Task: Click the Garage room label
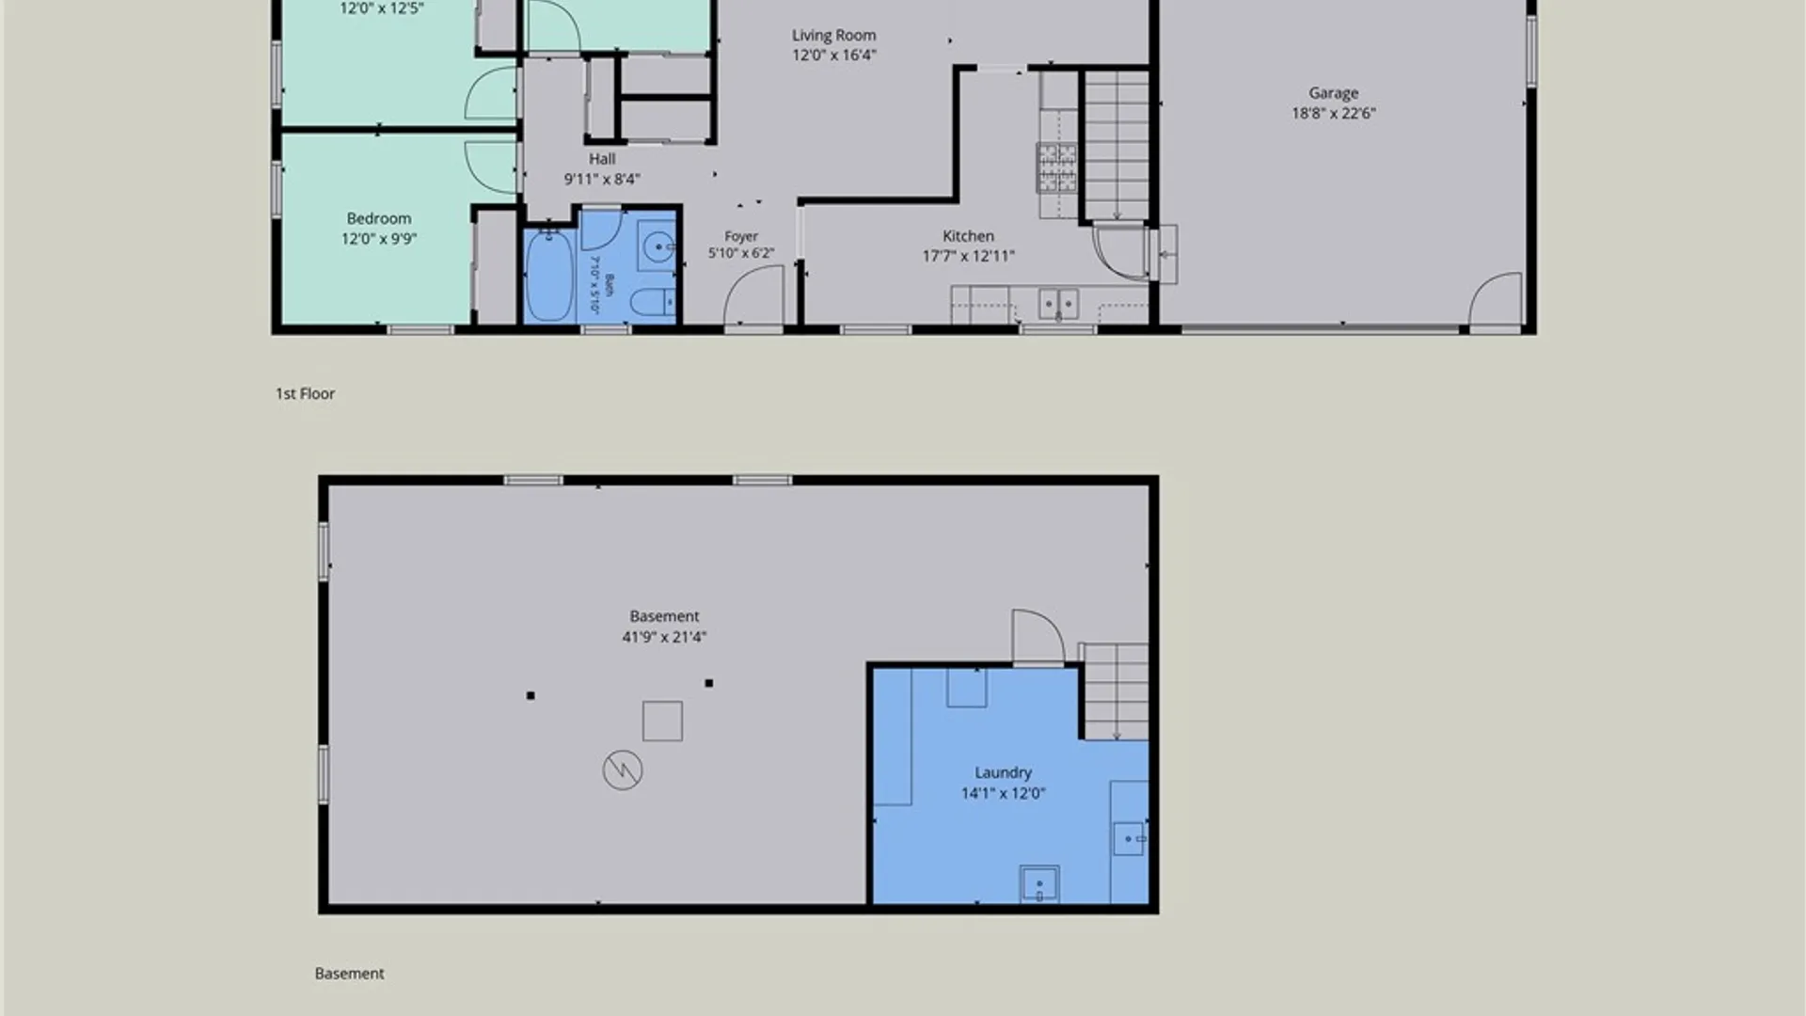click(x=1333, y=93)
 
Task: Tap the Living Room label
click(x=833, y=36)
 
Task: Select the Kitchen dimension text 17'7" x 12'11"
click(x=968, y=256)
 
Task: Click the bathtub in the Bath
click(x=548, y=276)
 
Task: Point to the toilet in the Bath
click(x=652, y=302)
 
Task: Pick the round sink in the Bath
click(x=658, y=247)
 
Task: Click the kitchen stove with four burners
click(x=1057, y=167)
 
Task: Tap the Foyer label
click(x=741, y=237)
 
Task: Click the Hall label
click(x=602, y=159)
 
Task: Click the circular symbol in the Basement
click(x=623, y=770)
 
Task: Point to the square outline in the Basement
click(x=662, y=721)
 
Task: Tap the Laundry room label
click(x=1003, y=772)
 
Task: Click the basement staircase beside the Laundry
click(x=1116, y=691)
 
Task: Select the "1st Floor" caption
click(x=305, y=393)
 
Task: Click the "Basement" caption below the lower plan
click(x=349, y=974)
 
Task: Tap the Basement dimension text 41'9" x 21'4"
click(x=664, y=637)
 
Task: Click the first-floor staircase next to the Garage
click(x=1117, y=146)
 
